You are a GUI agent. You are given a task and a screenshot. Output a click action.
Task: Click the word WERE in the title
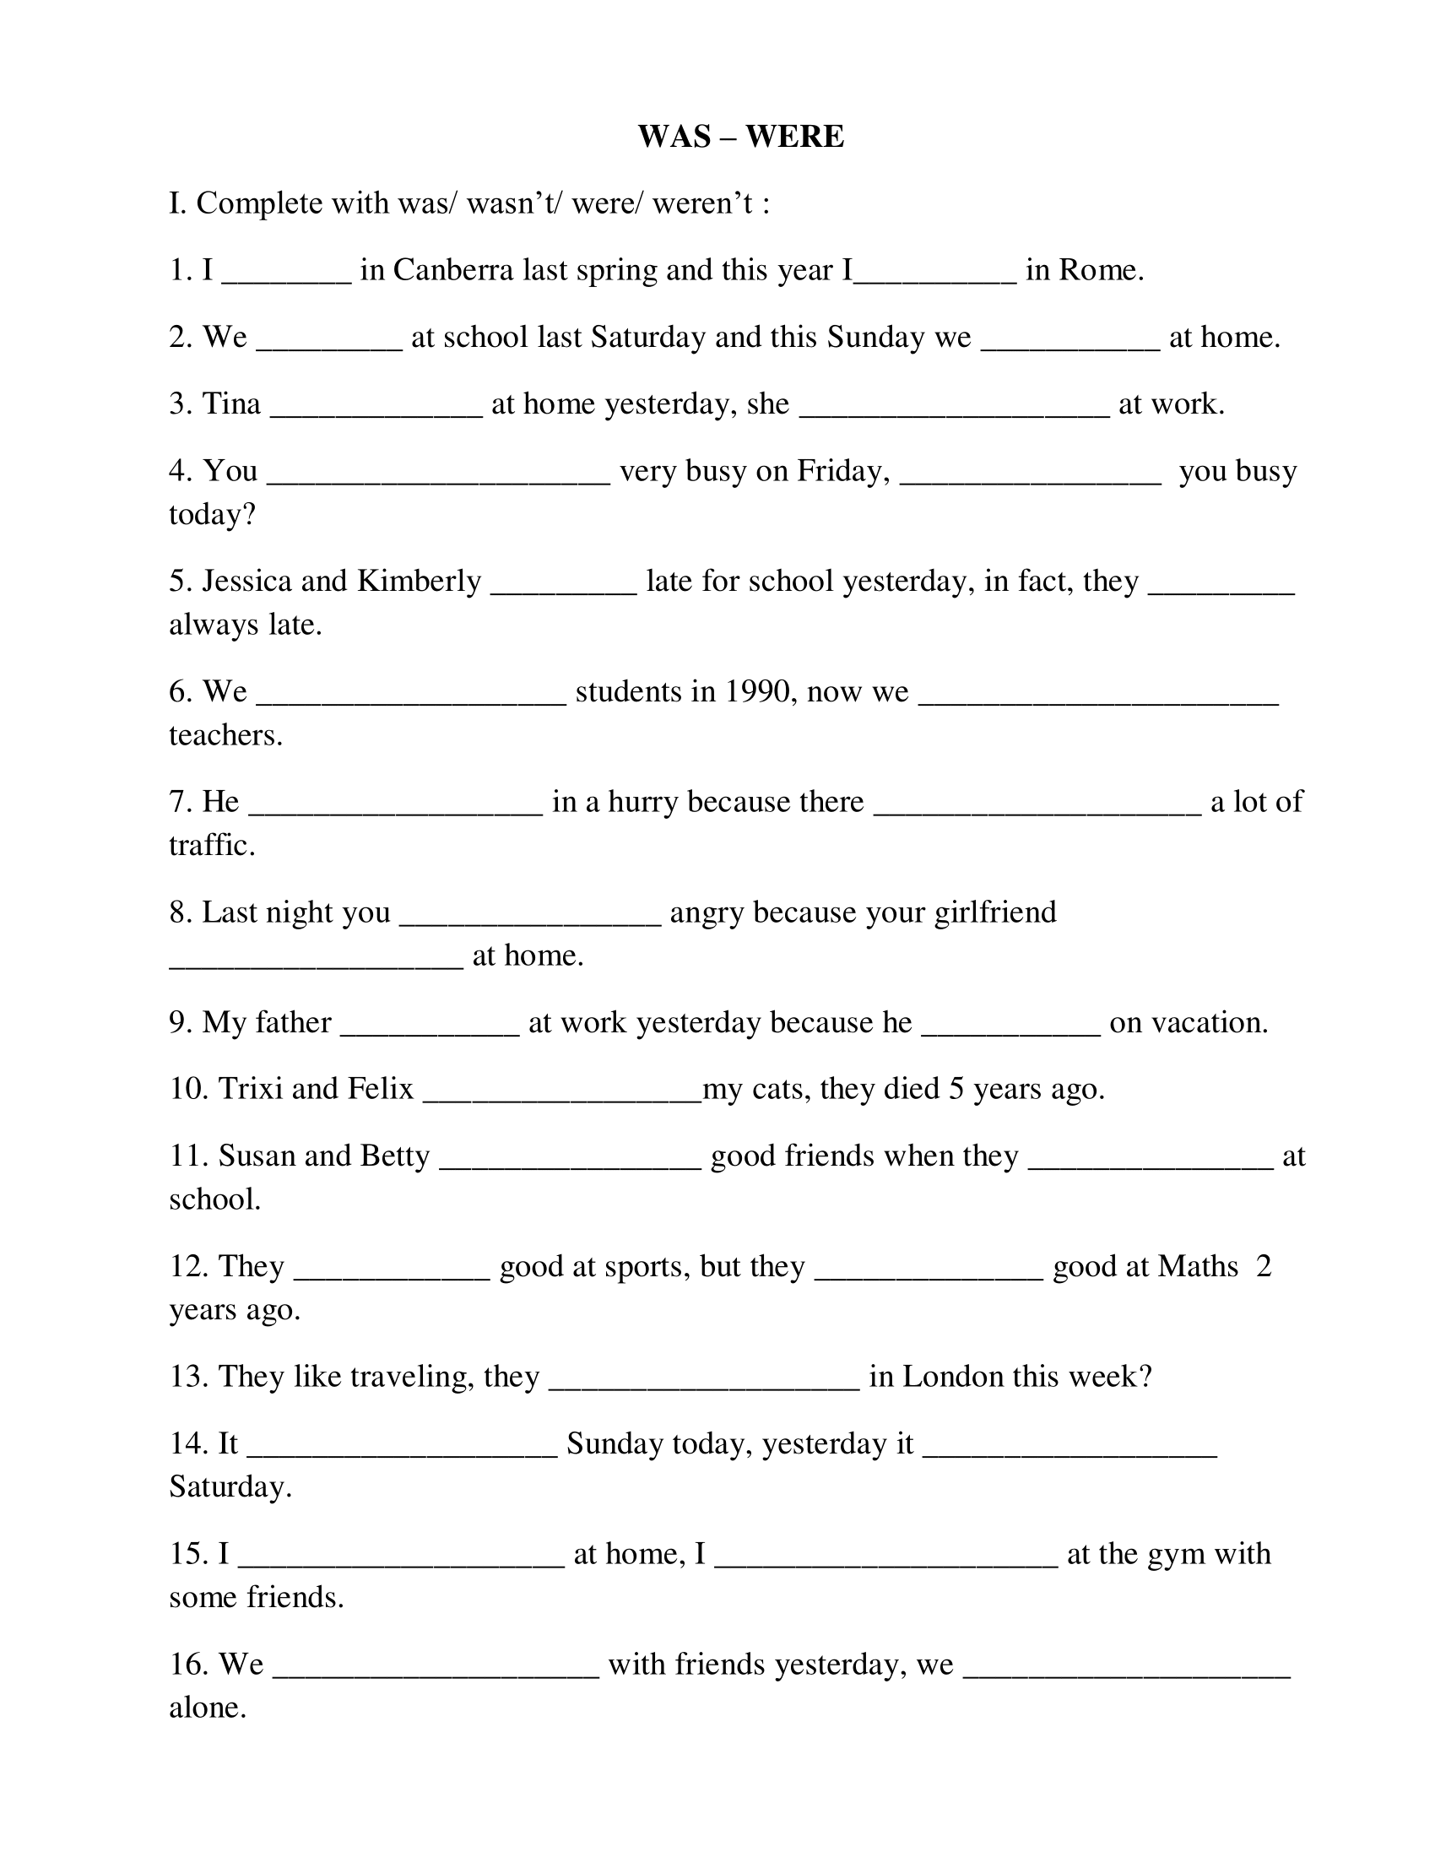(x=795, y=137)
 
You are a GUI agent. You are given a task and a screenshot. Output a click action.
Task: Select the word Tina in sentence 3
(x=231, y=403)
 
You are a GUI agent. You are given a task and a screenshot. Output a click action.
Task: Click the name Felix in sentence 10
(x=380, y=1089)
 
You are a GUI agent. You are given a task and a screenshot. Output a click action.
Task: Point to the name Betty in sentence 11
(x=394, y=1156)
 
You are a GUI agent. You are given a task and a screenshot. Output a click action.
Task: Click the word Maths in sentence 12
(x=1198, y=1267)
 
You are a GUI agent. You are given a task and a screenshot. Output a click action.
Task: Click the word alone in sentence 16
(x=208, y=1708)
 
